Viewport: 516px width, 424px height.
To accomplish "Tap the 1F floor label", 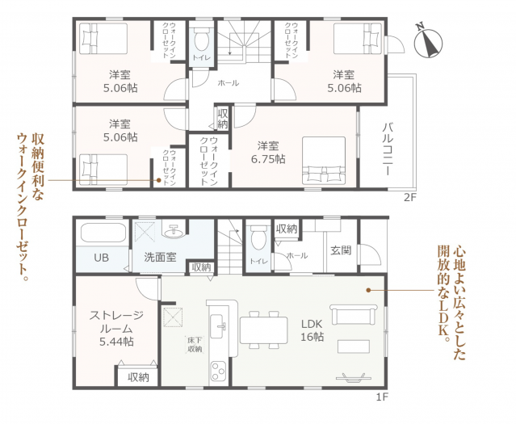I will click(382, 397).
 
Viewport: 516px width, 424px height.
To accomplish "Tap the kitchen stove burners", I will click(220, 371).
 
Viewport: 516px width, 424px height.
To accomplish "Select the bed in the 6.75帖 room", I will click(326, 162).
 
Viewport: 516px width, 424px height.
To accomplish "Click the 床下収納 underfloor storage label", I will click(194, 346).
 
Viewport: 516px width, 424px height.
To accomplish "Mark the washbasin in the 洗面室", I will click(171, 232).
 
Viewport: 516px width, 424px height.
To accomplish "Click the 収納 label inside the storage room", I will click(138, 377).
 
